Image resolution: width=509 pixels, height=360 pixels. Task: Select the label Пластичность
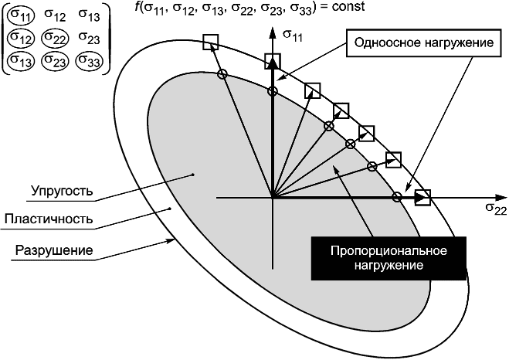coord(49,219)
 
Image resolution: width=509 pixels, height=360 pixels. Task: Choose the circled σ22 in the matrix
coord(56,39)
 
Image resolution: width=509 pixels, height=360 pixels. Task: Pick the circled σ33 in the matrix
coord(90,59)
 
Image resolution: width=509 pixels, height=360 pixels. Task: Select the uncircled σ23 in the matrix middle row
coord(90,39)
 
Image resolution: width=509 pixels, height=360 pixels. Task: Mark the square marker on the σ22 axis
coord(422,198)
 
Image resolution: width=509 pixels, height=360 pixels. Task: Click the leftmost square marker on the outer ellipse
coord(209,42)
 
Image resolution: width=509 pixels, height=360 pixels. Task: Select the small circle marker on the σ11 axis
coord(272,91)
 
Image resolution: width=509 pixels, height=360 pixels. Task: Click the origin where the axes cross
coord(272,198)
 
